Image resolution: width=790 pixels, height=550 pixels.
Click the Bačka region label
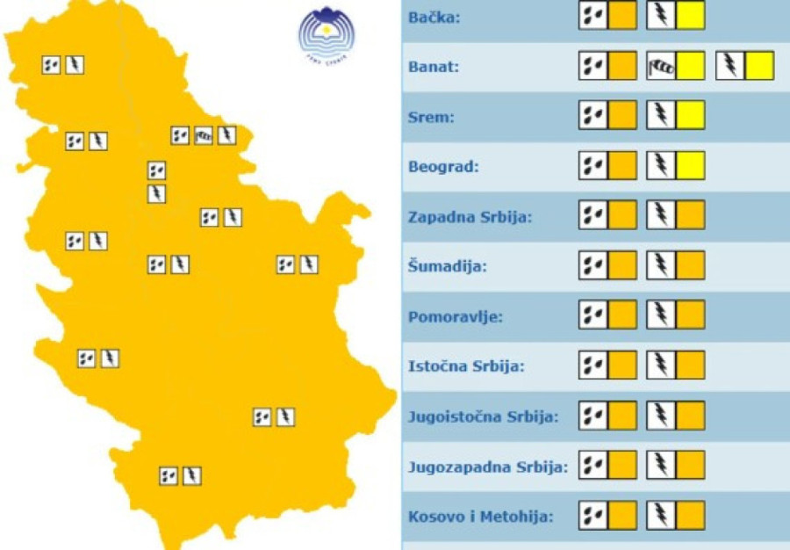[434, 17]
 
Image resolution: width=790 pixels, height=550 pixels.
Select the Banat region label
[434, 67]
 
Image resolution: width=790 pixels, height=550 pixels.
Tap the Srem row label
[431, 117]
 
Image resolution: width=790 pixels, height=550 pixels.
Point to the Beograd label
[441, 166]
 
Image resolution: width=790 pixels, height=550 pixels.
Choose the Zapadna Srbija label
[470, 216]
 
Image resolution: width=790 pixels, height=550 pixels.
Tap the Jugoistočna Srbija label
[483, 416]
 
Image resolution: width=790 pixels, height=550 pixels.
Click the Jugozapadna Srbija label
[488, 466]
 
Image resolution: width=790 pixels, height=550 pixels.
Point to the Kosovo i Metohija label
[480, 516]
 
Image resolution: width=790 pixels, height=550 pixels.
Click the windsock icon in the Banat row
[661, 66]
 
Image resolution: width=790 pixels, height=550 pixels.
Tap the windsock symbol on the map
[204, 135]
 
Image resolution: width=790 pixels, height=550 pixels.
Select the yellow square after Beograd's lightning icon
[690, 165]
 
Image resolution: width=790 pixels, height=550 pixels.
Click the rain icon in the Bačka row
[593, 16]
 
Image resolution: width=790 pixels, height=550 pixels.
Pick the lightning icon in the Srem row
[661, 116]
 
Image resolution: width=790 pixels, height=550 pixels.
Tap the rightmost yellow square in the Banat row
[759, 66]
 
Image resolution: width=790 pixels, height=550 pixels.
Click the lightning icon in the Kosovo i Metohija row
[661, 515]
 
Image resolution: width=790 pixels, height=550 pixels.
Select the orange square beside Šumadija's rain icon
[622, 265]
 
